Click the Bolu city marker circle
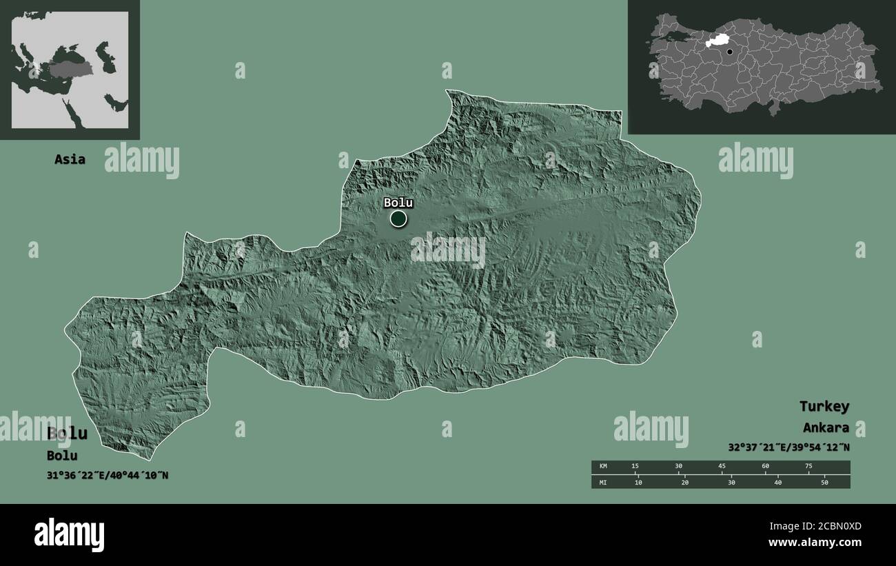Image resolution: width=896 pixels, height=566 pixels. pos(398,219)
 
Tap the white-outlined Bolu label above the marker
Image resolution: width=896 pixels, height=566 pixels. pos(398,203)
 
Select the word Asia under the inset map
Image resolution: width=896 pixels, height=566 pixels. pos(70,159)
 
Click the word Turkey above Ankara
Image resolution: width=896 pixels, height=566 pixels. pos(824,406)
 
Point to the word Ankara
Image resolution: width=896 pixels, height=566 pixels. pos(826,427)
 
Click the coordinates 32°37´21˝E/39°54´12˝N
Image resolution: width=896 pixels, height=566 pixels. pos(788,447)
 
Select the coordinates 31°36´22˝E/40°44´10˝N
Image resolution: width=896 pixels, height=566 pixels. pos(108,475)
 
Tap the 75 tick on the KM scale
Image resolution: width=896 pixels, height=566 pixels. pos(808,467)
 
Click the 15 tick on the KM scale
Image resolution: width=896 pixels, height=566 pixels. pos(635,467)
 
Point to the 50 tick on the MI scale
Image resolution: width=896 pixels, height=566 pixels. pos(824,482)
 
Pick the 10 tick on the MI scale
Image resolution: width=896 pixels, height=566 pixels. pos(638,482)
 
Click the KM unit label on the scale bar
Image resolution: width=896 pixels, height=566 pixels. pos(604,467)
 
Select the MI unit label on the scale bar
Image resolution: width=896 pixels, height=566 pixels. pos(604,482)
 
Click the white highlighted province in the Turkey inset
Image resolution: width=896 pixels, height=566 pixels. pos(717,41)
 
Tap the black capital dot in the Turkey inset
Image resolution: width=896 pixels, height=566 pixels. pos(730,52)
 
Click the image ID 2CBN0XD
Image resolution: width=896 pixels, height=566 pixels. pos(831,527)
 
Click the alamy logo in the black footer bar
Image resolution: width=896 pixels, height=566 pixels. pos(70,534)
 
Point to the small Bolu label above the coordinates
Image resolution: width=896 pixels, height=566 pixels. pos(62,456)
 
